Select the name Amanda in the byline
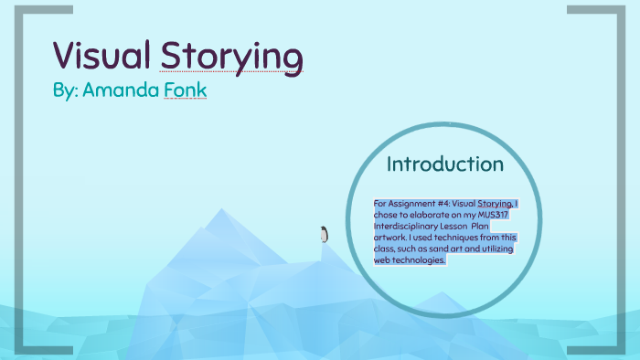(x=122, y=91)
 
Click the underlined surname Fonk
(x=185, y=91)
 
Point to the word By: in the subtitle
(x=65, y=91)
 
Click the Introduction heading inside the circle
(x=444, y=164)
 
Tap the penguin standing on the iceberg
(x=323, y=235)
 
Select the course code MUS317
(x=494, y=214)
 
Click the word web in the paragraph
(x=382, y=259)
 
